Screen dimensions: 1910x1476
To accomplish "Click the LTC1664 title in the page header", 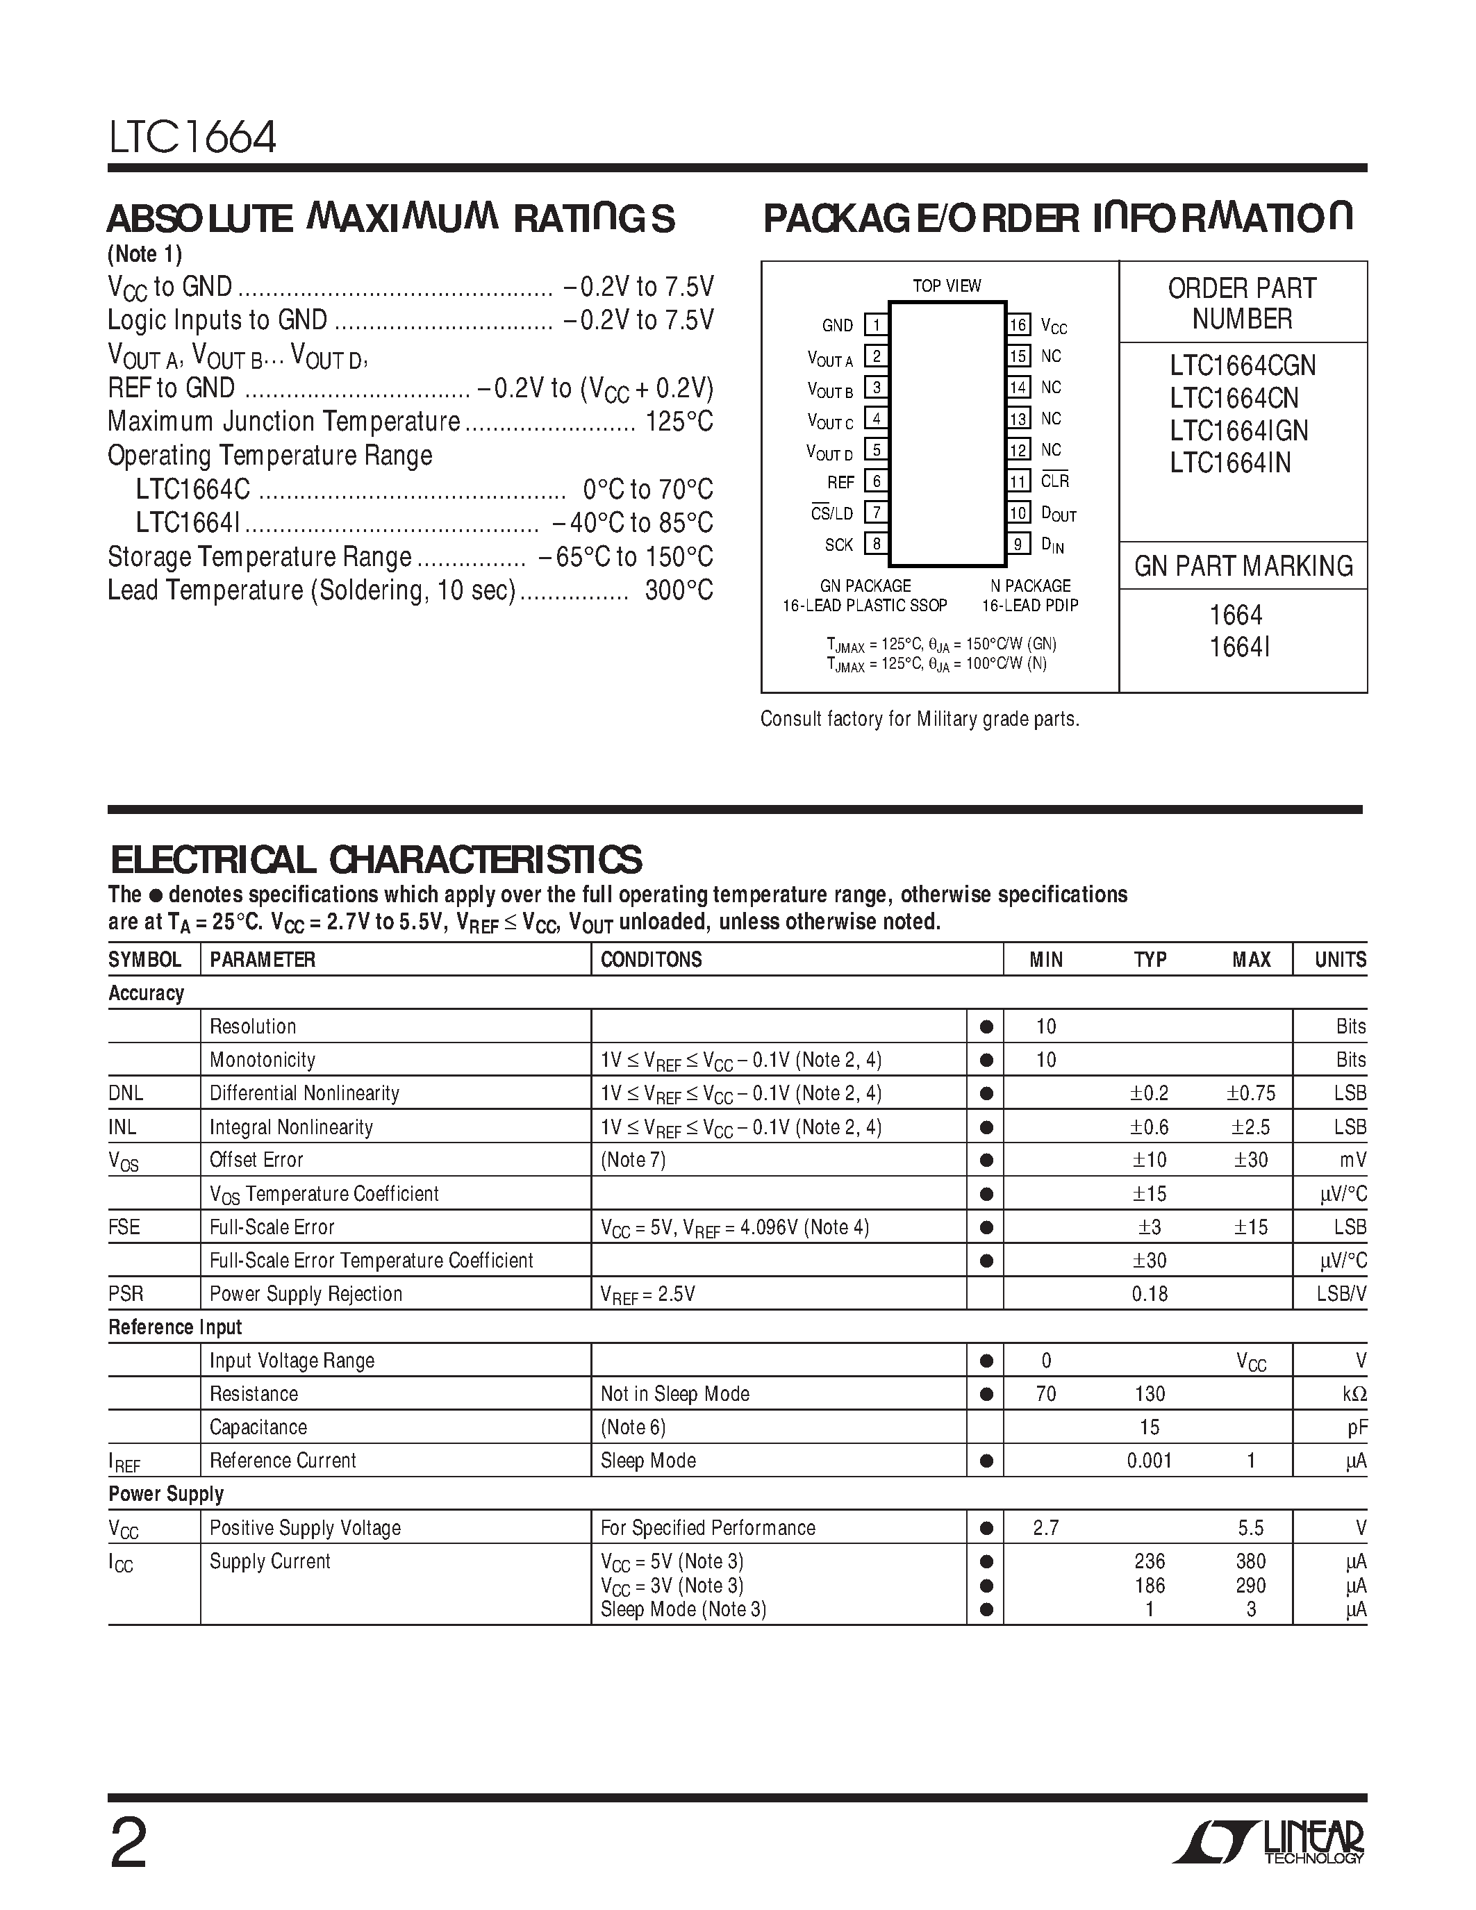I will pyautogui.click(x=192, y=138).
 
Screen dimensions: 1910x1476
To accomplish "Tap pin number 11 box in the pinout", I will pyautogui.click(x=1018, y=481).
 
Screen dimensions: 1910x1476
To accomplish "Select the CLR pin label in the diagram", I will pyautogui.click(x=1054, y=481).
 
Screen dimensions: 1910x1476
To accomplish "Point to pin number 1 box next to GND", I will pyautogui.click(x=876, y=324).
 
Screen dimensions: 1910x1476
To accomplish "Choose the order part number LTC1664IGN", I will pyautogui.click(x=1239, y=431).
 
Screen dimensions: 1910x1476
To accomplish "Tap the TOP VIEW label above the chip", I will pyautogui.click(x=946, y=286).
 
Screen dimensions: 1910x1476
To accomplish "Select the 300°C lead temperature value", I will pyautogui.click(x=679, y=590).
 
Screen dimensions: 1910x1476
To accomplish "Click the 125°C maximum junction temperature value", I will pyautogui.click(x=679, y=422).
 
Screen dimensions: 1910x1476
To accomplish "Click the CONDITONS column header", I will pyautogui.click(x=651, y=959).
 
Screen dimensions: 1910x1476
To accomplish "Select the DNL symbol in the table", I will pyautogui.click(x=126, y=1093).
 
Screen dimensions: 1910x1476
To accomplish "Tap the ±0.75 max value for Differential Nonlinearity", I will pyautogui.click(x=1250, y=1093).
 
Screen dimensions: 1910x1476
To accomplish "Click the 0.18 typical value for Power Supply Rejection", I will pyautogui.click(x=1149, y=1293).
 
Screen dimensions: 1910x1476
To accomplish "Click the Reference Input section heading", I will pyautogui.click(x=175, y=1327).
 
